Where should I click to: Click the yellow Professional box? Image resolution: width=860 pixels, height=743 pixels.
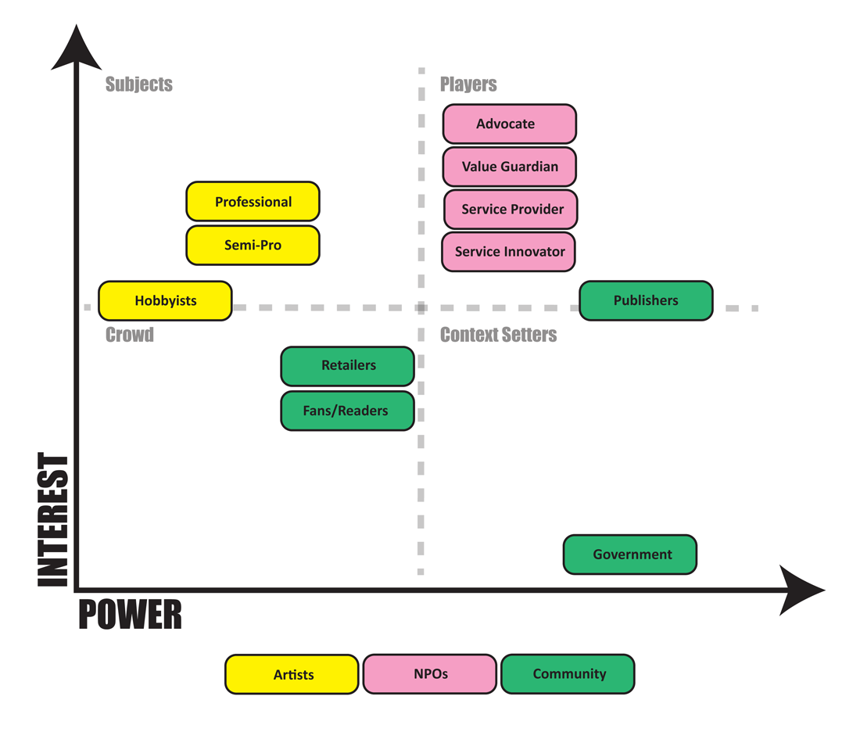point(253,202)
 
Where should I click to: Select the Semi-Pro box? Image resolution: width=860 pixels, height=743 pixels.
point(253,245)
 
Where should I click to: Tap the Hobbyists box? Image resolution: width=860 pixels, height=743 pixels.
point(165,300)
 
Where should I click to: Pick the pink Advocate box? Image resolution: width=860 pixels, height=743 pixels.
point(509,124)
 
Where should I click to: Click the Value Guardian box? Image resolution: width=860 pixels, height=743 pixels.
point(509,167)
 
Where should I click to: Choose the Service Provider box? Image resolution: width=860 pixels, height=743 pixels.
point(511,210)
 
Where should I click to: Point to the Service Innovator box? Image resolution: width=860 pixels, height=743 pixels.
point(509,252)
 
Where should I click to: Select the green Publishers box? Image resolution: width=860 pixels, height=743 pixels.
point(646,300)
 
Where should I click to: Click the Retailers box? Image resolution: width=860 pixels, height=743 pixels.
point(347,366)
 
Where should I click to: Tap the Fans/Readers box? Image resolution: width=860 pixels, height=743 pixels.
point(347,411)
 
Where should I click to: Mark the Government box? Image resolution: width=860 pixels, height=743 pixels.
point(630,555)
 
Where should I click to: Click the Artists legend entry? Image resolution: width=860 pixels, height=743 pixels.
point(292,674)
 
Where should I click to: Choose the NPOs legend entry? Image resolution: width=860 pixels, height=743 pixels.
point(429,674)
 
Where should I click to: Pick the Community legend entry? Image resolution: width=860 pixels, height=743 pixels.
point(568,674)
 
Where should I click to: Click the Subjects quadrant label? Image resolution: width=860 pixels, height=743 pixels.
point(139,84)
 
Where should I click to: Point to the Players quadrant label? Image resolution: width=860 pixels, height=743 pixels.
point(468,84)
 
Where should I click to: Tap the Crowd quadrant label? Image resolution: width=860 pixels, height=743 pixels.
point(130,336)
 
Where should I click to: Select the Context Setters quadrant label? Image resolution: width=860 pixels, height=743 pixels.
point(499,336)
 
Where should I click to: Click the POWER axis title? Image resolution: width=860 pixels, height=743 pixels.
point(130,616)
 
